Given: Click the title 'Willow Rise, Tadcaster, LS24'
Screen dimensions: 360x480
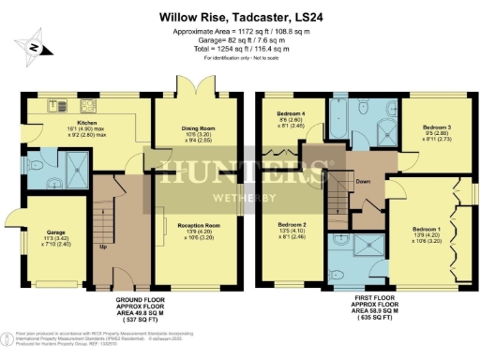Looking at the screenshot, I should [x=240, y=16].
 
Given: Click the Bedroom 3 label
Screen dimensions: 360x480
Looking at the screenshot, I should [x=437, y=127].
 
